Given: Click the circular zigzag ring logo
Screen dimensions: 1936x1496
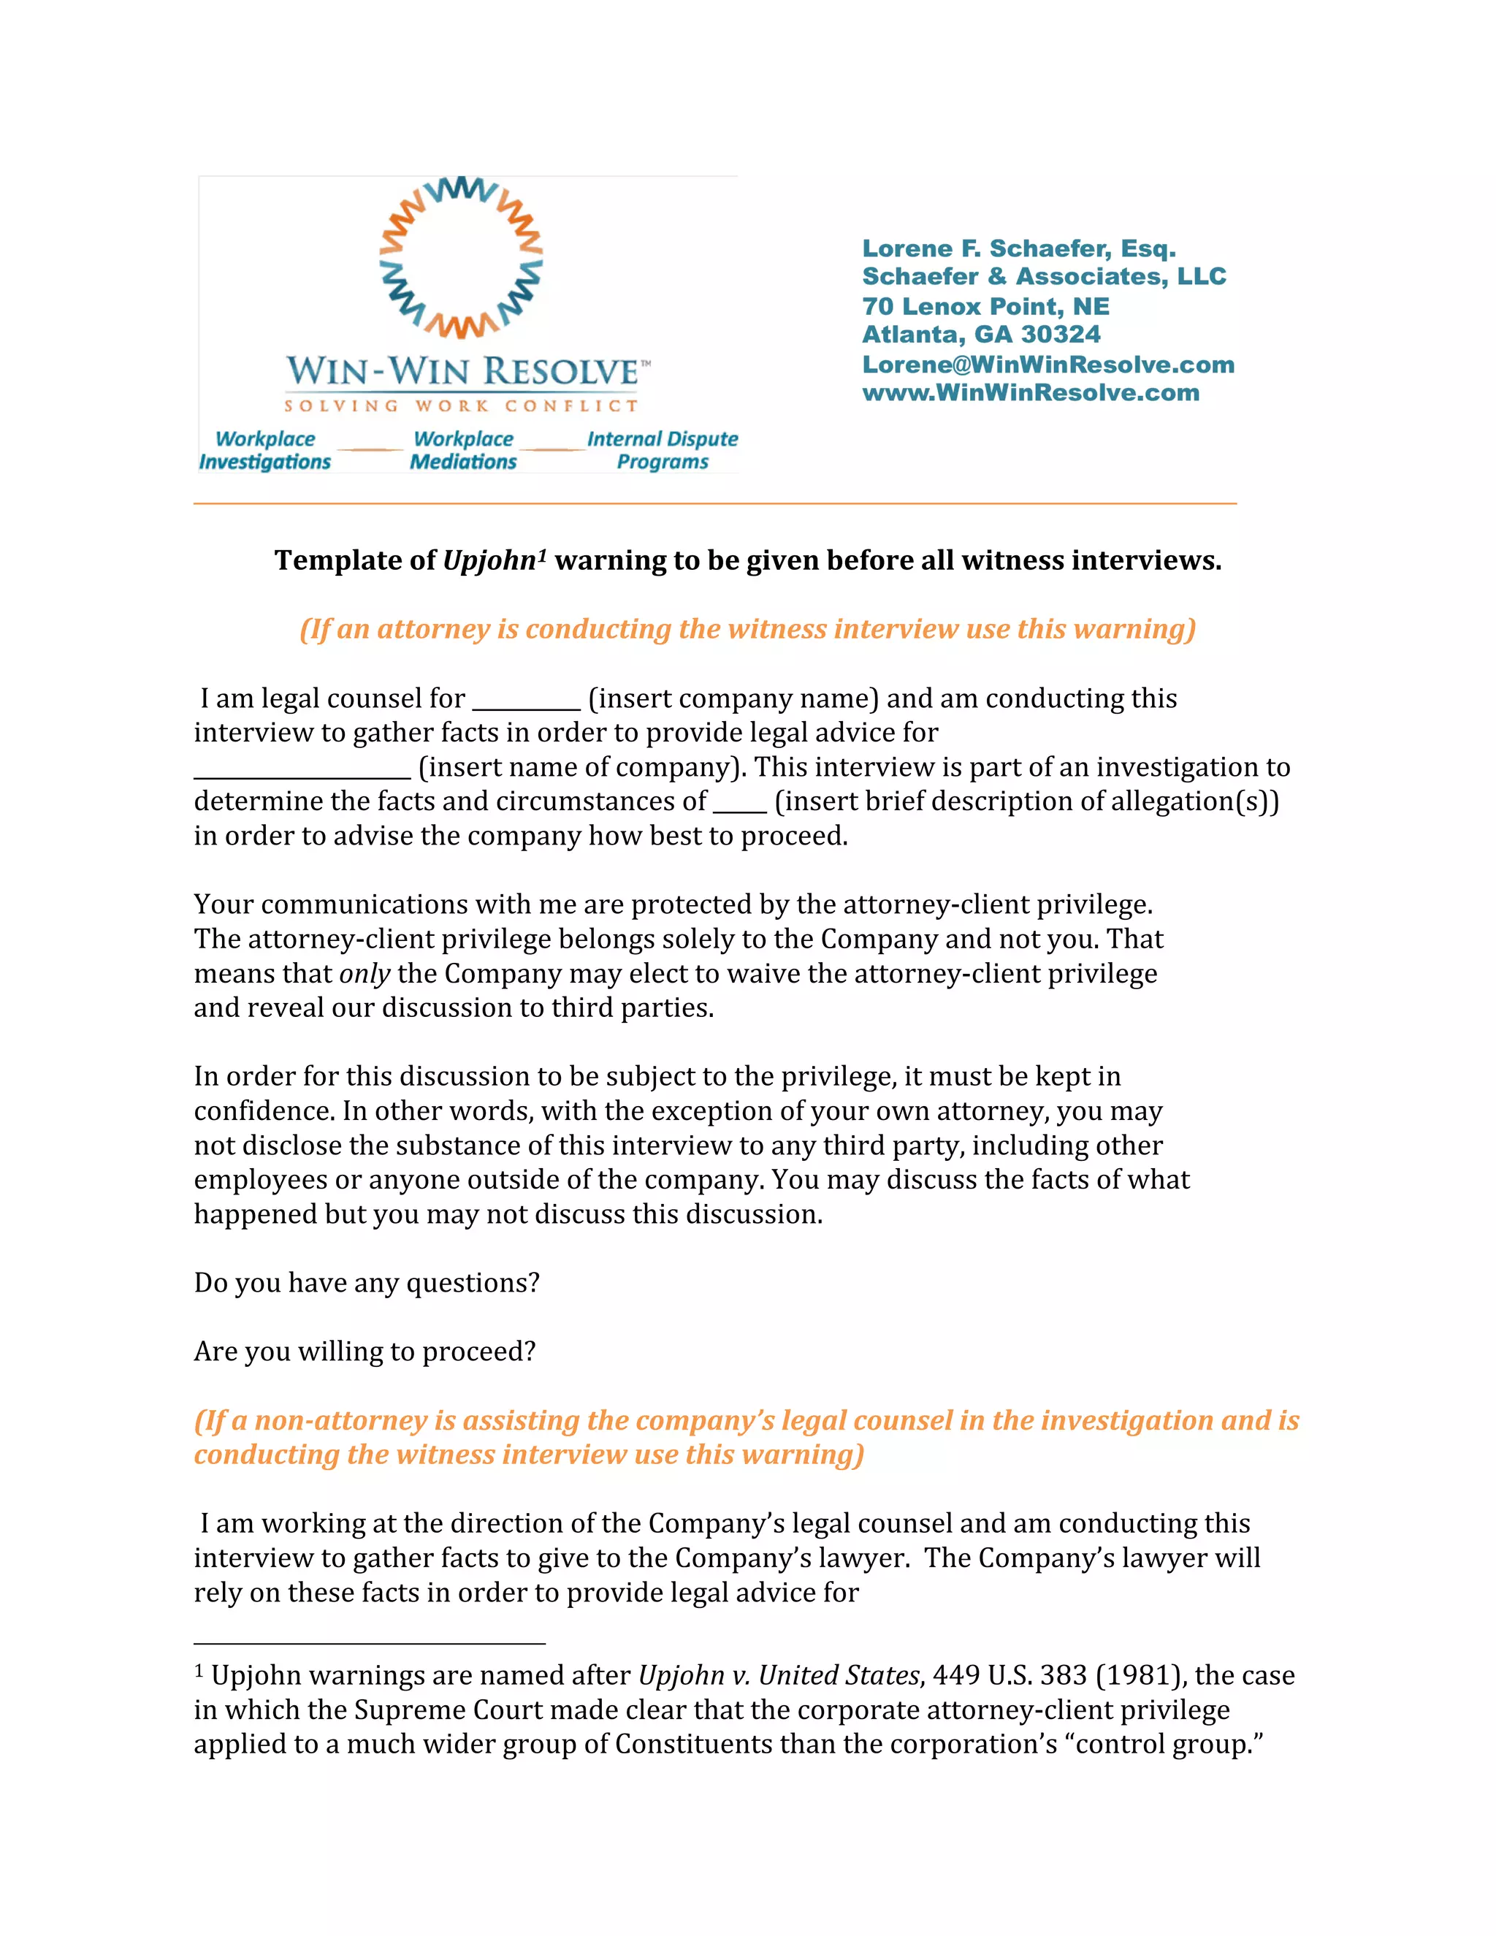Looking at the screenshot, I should (461, 257).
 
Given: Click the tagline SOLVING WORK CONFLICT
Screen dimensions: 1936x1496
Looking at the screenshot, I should (461, 406).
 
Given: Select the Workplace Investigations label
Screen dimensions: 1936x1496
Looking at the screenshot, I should (264, 450).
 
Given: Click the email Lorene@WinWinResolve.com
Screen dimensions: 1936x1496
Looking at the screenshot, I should (1047, 365).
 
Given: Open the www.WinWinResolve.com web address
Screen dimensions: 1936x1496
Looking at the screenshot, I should (1030, 393).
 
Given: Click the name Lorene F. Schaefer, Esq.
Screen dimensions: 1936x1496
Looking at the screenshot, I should (1018, 248).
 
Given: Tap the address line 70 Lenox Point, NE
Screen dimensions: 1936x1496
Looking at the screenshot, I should (985, 306).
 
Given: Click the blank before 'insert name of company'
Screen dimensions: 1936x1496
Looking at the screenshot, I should (302, 770).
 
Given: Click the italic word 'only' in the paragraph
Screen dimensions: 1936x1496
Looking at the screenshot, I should (365, 973).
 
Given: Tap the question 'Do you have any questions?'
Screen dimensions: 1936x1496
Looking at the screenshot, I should (366, 1283).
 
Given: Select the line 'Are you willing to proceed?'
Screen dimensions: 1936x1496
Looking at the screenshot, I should (365, 1351).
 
